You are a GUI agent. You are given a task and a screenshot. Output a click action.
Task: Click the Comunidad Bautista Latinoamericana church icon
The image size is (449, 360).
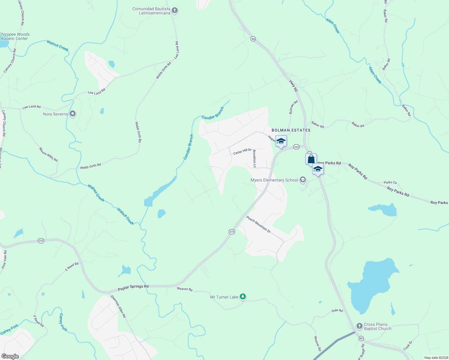click(x=175, y=11)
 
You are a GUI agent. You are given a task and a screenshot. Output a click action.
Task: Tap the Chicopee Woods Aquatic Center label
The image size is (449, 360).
click(x=14, y=37)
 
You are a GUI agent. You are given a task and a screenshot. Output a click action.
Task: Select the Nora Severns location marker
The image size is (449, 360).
click(x=72, y=114)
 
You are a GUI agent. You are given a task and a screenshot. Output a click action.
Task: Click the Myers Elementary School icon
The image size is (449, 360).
click(x=303, y=180)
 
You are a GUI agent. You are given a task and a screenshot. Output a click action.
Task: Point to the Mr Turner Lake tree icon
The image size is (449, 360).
click(x=243, y=297)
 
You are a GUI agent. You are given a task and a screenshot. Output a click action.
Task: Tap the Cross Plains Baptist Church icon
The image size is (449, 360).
click(x=359, y=326)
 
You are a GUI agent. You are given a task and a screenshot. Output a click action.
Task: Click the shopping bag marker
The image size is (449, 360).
click(x=311, y=159)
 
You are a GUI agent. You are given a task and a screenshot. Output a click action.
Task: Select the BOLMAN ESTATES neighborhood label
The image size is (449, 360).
click(x=291, y=130)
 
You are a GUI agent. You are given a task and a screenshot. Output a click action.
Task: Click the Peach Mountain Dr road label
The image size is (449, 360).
click(x=258, y=224)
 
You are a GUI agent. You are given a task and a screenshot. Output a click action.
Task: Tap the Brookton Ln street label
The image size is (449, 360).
click(x=255, y=159)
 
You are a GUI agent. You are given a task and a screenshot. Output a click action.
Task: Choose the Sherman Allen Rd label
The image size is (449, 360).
click(x=118, y=306)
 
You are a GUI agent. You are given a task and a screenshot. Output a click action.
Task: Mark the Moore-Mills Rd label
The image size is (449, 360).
click(x=48, y=154)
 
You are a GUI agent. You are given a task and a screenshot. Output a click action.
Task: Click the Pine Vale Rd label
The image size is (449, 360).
click(x=4, y=259)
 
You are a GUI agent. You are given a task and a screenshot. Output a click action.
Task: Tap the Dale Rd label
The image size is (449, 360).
click(x=337, y=311)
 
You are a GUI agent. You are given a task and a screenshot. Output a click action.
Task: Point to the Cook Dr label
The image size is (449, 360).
click(x=408, y=345)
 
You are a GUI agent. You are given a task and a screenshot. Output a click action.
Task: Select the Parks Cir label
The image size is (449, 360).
click(x=390, y=182)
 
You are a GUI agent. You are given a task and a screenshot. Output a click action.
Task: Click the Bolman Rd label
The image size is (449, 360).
click(x=293, y=107)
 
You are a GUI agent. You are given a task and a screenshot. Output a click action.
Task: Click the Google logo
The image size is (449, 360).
click(x=10, y=356)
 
